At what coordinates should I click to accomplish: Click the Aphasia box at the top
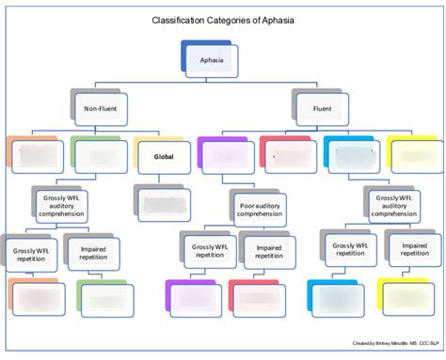click(x=207, y=62)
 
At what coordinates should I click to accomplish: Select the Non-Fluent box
click(x=100, y=109)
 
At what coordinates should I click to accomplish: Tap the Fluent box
click(x=323, y=109)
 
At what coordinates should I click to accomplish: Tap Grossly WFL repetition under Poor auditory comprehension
click(x=209, y=253)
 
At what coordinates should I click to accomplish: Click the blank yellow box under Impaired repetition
click(x=412, y=297)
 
